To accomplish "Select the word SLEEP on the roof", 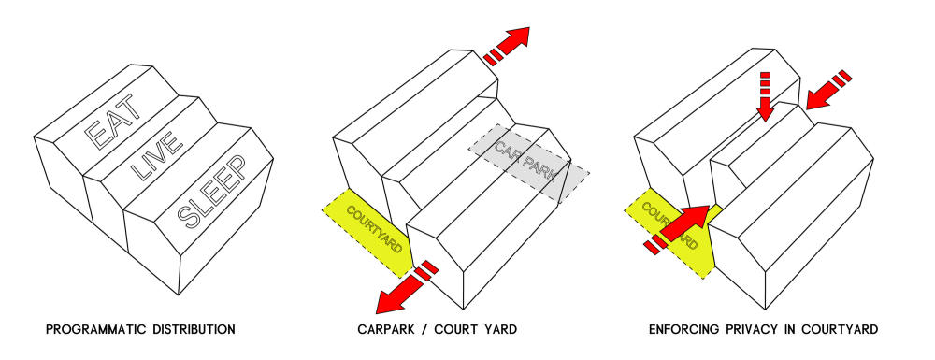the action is [x=212, y=192].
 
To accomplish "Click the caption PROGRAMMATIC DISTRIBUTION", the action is [x=141, y=329].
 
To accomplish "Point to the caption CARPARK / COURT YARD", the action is [x=437, y=329].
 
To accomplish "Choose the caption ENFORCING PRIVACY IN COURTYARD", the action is [x=763, y=329].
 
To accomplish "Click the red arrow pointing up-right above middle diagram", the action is [x=507, y=45].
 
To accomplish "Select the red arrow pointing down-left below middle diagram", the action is [x=407, y=287].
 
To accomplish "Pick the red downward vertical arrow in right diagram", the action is [x=765, y=96].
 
